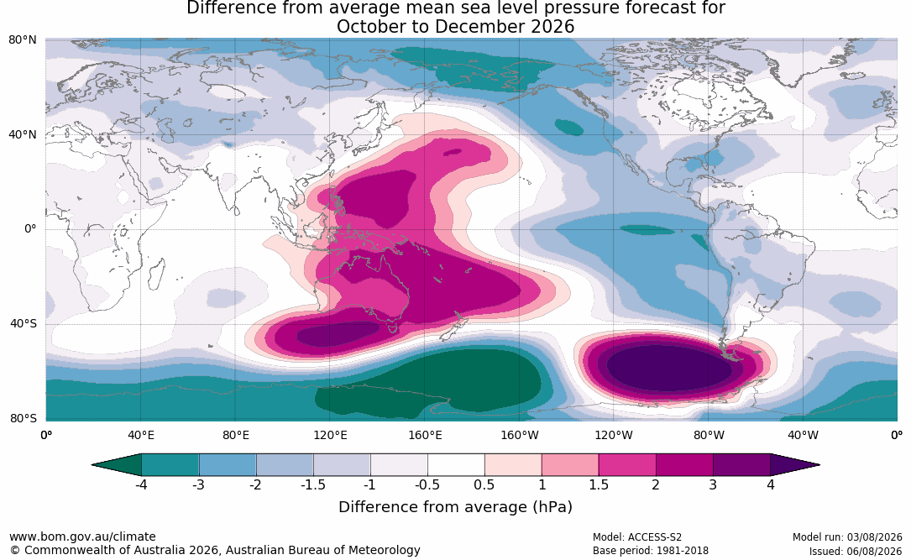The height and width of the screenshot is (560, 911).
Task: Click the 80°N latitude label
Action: (22, 40)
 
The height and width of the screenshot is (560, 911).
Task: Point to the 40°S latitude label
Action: (24, 323)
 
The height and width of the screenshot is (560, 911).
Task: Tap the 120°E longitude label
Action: (331, 435)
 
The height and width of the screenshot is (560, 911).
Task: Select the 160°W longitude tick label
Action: (520, 435)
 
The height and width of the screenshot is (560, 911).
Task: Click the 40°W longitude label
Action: (803, 435)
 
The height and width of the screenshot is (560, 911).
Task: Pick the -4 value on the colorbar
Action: (141, 484)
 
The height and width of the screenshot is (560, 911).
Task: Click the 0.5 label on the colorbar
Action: (484, 484)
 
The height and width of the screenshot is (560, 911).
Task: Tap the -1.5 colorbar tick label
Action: (312, 484)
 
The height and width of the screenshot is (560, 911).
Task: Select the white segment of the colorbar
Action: (456, 465)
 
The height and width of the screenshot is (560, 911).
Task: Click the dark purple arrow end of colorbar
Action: (790, 465)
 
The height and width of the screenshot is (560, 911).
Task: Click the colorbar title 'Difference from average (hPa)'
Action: (455, 507)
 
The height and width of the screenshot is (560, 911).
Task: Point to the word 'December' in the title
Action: (473, 27)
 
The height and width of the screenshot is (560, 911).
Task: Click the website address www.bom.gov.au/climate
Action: (82, 536)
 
